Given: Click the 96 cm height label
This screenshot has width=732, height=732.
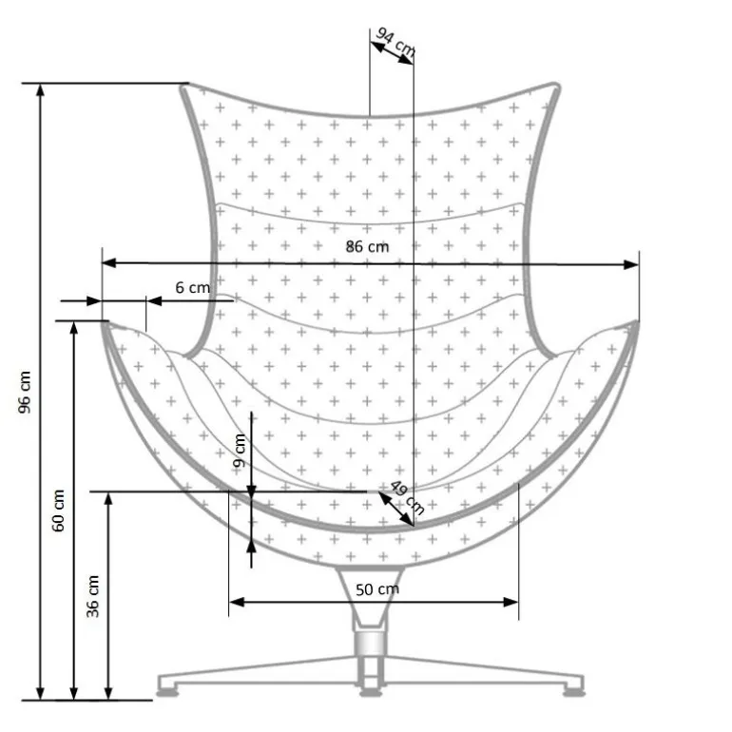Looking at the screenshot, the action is click(25, 392).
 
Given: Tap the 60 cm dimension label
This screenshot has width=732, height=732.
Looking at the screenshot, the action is click(58, 510).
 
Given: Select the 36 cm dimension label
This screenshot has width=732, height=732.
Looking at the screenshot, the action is click(93, 597).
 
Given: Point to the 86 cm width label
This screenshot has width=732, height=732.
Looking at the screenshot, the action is click(367, 246).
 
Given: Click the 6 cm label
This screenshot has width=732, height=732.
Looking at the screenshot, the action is click(192, 287).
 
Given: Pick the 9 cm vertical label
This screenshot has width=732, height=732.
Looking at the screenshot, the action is click(240, 451).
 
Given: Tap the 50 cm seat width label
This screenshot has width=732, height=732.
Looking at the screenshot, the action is click(377, 589).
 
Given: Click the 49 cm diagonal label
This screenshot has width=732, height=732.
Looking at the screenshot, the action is click(407, 497).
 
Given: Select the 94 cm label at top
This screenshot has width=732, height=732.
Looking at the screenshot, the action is click(395, 42).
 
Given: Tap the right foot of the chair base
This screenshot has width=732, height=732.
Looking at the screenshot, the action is click(574, 693).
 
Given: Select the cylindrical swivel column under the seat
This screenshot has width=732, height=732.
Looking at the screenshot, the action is click(370, 642).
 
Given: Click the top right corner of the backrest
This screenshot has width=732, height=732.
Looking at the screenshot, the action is click(555, 86).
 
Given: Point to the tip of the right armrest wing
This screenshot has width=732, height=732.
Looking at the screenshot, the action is click(636, 322).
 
